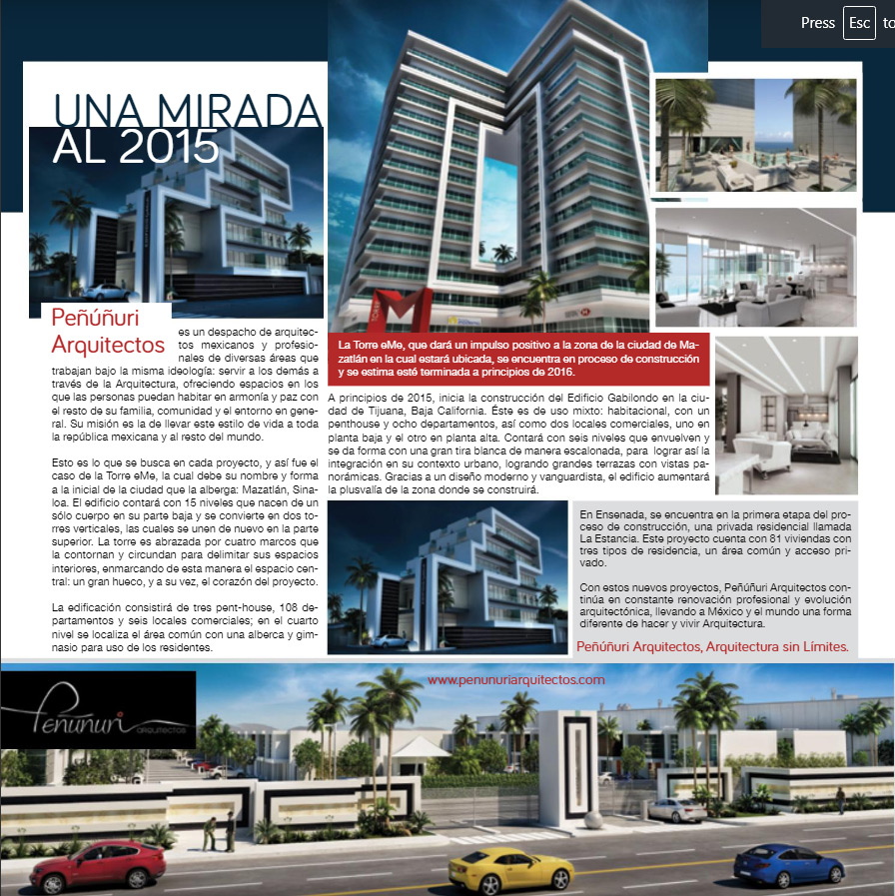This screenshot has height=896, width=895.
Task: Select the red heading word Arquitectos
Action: click(108, 345)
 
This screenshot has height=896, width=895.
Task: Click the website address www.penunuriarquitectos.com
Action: click(515, 679)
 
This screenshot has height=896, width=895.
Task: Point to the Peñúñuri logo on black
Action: click(97, 715)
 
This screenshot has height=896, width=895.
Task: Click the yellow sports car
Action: click(496, 869)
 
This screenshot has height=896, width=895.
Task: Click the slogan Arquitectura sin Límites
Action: click(779, 647)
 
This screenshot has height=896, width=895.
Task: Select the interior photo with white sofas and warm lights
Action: click(786, 414)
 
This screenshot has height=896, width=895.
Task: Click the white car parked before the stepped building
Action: click(106, 291)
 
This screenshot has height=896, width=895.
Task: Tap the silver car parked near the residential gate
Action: click(677, 809)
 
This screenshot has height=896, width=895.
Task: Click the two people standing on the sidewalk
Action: click(219, 831)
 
